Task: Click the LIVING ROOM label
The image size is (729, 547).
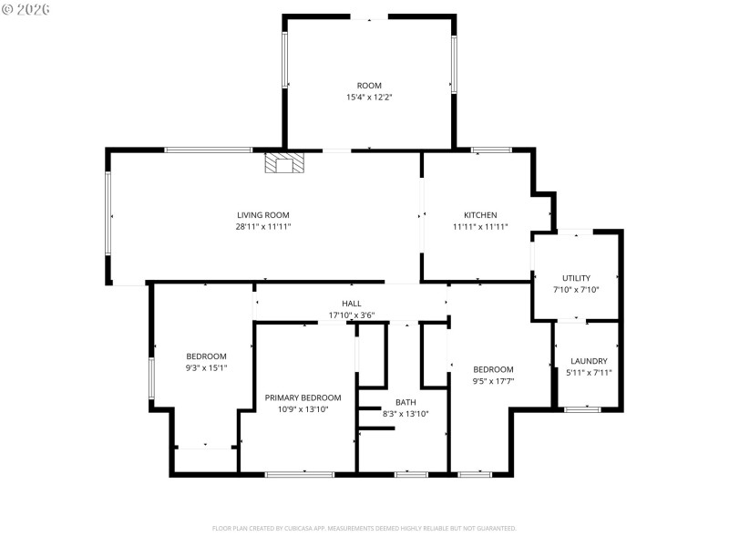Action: (263, 215)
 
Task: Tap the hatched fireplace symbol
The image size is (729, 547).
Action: (284, 164)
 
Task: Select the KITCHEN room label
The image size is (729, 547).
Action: (480, 215)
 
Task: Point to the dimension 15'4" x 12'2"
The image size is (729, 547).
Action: (369, 97)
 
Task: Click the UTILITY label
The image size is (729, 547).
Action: (576, 278)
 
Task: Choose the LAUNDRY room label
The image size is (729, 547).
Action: (588, 361)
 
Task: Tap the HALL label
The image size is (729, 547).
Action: (351, 304)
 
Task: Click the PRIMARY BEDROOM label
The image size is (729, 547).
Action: (303, 397)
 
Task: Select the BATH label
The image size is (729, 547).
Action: (406, 402)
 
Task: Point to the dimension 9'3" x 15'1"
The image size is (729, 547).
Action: (206, 367)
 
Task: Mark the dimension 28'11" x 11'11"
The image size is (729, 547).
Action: (263, 226)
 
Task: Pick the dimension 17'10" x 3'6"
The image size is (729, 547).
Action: (351, 315)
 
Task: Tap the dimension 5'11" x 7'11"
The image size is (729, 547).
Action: (588, 372)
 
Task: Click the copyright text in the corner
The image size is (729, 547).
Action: (26, 8)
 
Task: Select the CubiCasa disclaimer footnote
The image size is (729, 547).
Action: (364, 528)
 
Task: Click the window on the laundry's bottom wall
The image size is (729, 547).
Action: (581, 409)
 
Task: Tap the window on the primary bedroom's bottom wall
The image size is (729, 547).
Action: (299, 474)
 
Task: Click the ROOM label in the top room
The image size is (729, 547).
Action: (369, 86)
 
